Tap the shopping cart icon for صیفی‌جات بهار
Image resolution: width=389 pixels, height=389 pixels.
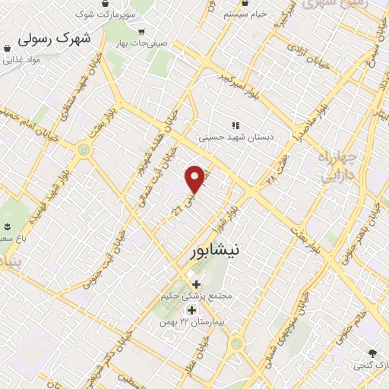(x=142, y=32)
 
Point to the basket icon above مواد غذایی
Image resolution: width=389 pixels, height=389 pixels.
(x=7, y=48)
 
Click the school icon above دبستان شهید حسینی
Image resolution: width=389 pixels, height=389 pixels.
(x=235, y=125)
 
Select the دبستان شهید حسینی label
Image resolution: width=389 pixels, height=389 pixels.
(x=236, y=138)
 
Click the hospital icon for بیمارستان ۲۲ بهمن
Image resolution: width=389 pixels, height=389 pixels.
(x=191, y=310)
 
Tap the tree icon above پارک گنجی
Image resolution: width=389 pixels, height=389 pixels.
(x=372, y=353)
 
